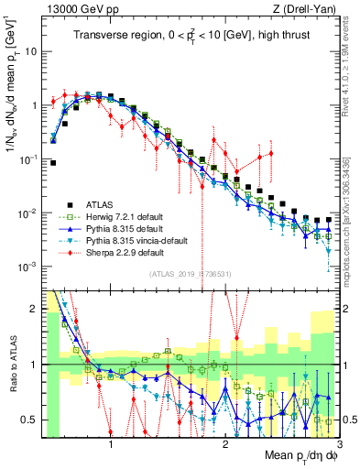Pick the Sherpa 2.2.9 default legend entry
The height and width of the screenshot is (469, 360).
point(120,252)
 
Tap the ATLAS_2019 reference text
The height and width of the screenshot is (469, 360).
point(190,273)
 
